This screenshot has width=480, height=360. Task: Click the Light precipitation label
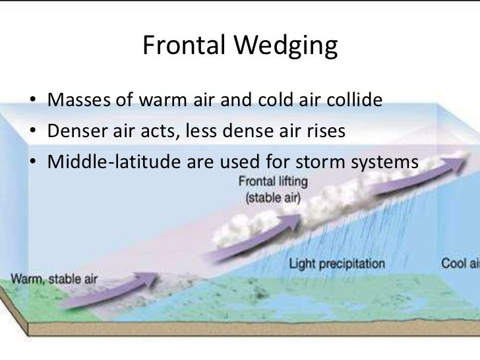tap(337, 264)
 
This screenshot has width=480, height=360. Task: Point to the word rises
tap(322, 131)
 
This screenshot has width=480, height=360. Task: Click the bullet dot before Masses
tap(33, 102)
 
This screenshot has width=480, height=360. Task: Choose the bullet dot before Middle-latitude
tap(33, 161)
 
